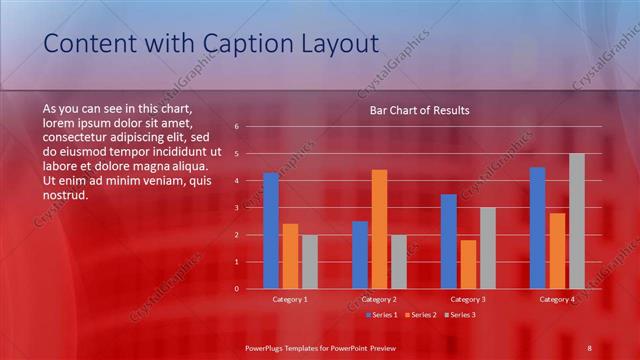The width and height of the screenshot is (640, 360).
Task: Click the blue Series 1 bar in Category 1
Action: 271,230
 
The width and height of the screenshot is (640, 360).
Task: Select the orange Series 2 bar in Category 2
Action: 379,229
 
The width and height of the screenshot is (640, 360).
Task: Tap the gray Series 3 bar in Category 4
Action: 577,221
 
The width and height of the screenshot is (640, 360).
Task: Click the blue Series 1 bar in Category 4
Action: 538,227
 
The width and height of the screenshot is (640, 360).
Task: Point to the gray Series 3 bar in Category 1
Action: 310,261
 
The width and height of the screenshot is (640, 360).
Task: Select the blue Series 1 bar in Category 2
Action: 360,254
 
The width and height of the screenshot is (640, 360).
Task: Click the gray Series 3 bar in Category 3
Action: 488,248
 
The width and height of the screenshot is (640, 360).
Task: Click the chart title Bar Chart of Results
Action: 413,111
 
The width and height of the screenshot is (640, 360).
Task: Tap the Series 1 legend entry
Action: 382,315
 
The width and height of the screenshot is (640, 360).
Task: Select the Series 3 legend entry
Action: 459,315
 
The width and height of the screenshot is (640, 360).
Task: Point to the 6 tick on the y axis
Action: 236,127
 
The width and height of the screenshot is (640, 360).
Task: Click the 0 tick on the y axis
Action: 236,288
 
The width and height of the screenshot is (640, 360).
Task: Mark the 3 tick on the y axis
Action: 236,208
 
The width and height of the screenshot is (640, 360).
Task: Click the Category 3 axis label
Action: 468,299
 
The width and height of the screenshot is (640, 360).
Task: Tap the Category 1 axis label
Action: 290,299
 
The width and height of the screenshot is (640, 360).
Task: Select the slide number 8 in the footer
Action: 590,347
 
